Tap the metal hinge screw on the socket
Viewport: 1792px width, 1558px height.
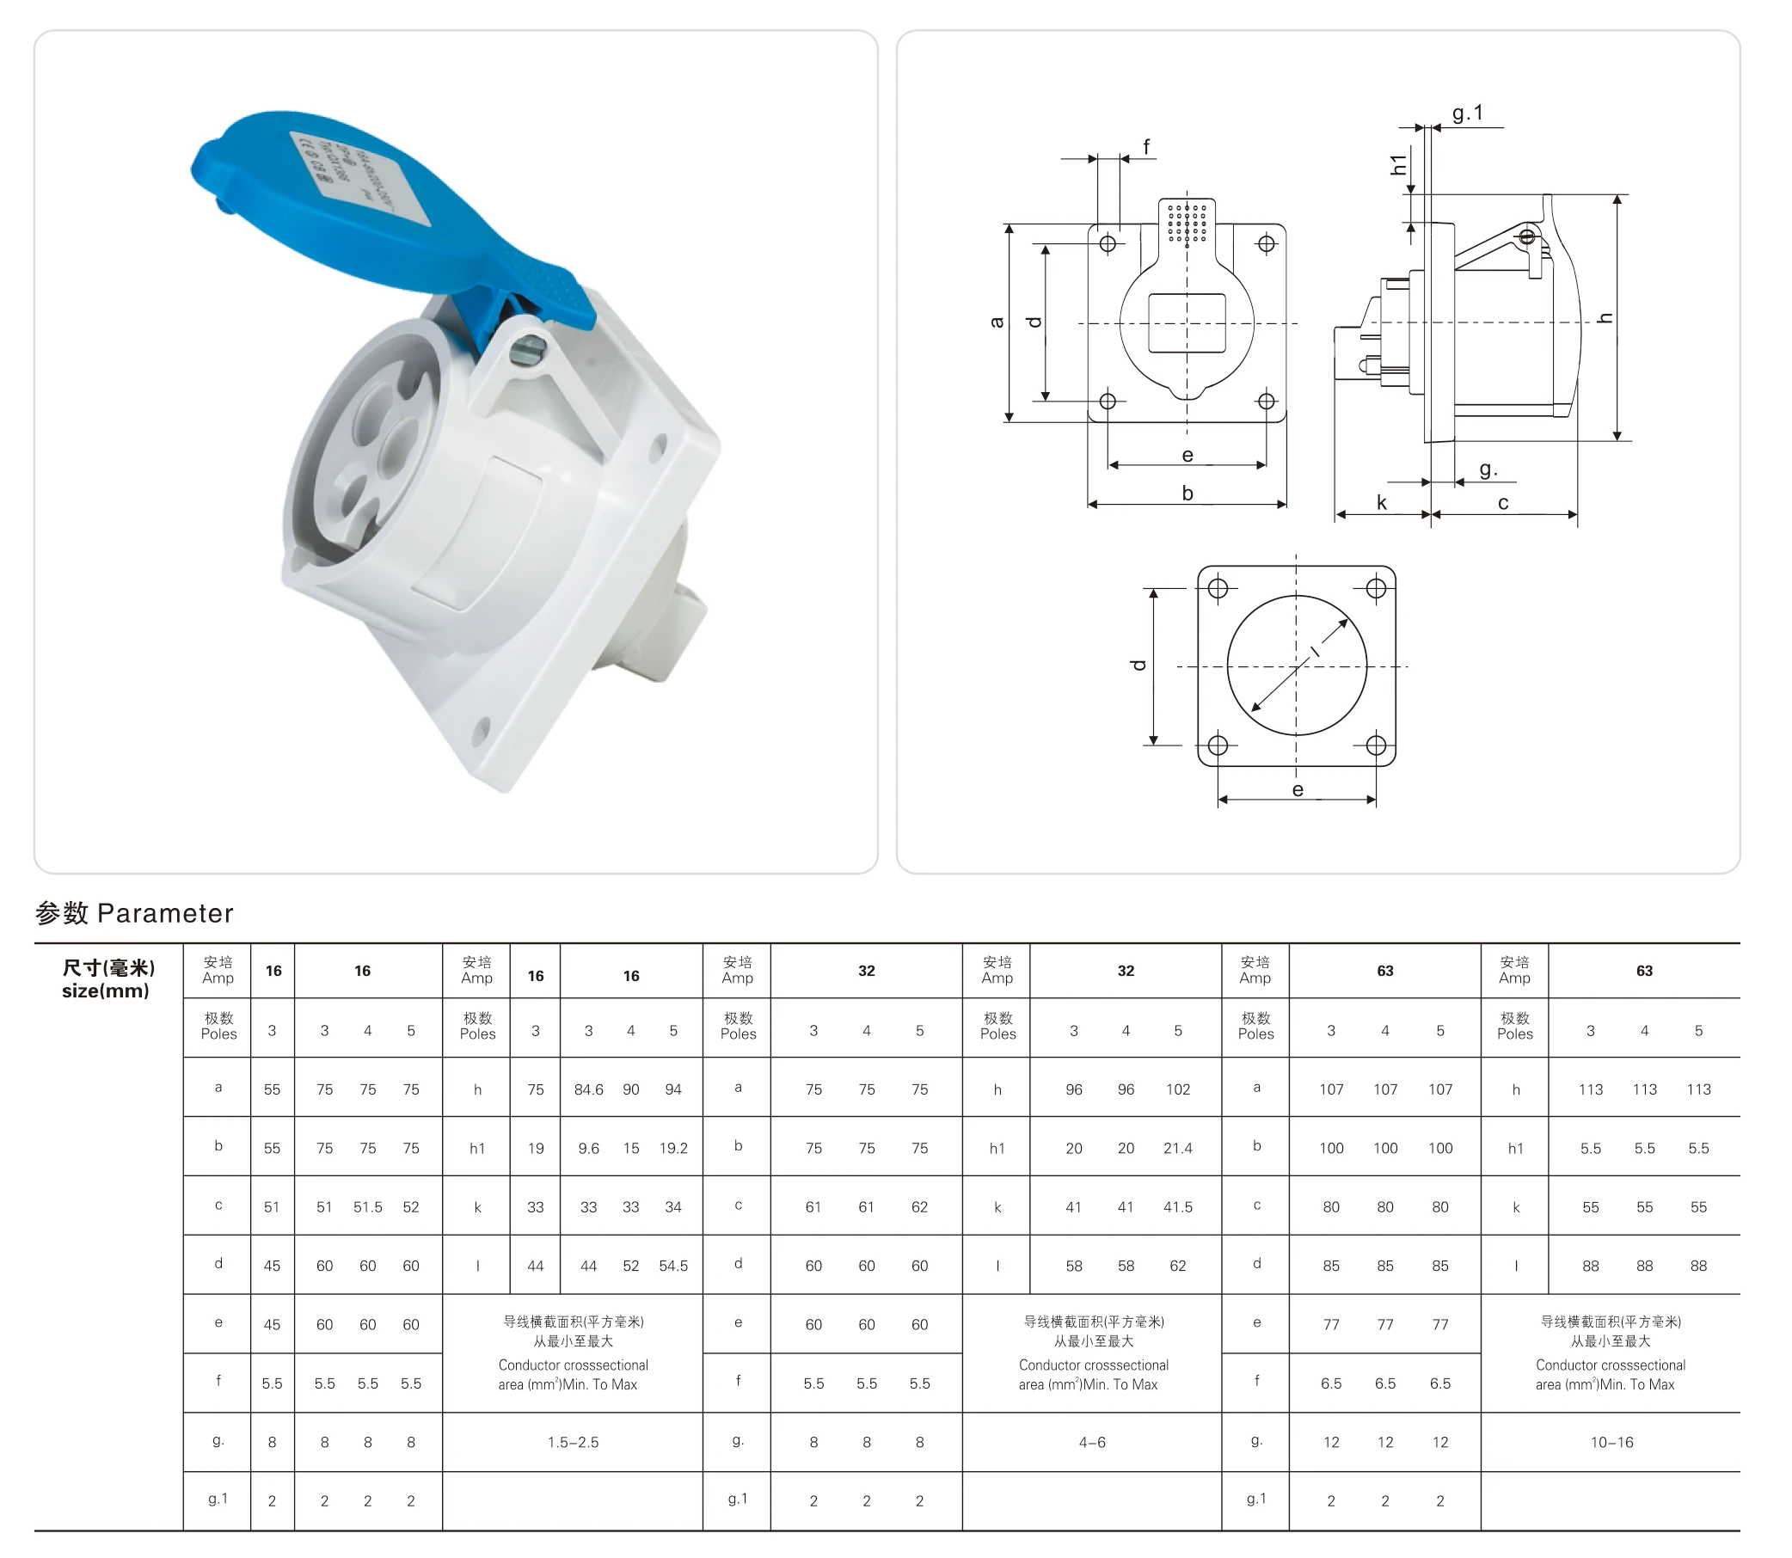[x=527, y=352]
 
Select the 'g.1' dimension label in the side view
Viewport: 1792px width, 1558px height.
[x=1467, y=113]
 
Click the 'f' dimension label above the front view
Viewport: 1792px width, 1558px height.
[x=1146, y=147]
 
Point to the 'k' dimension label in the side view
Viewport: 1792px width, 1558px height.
[x=1381, y=502]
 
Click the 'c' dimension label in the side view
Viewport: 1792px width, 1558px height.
[x=1502, y=502]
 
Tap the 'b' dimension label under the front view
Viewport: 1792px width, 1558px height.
[x=1187, y=493]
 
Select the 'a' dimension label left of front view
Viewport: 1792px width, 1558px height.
[x=997, y=322]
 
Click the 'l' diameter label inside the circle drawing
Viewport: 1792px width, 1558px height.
[x=1316, y=650]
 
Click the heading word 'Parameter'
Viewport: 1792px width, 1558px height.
[x=165, y=913]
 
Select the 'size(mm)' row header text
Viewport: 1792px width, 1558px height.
[x=105, y=991]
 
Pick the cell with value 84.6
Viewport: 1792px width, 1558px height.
[x=589, y=1089]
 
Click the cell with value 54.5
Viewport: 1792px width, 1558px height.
[x=673, y=1266]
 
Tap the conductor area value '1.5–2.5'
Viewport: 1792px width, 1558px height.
[x=573, y=1443]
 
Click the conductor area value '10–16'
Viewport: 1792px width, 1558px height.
[x=1611, y=1443]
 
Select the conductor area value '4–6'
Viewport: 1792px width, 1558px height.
[x=1091, y=1443]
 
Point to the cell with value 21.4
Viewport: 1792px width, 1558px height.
[x=1177, y=1149]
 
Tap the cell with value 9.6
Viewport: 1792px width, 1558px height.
[x=589, y=1149]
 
